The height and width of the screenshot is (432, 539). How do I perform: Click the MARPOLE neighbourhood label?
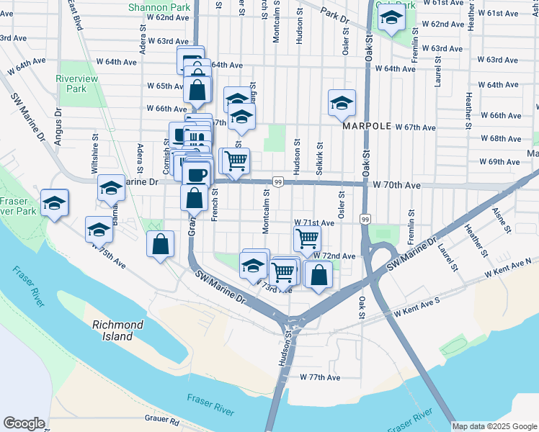tap(367, 126)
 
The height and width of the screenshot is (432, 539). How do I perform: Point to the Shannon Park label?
tap(154, 6)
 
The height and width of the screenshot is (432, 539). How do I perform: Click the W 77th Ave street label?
tap(320, 377)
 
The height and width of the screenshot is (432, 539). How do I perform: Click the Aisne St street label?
tap(499, 217)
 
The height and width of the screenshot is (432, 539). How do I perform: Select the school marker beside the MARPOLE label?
tap(342, 103)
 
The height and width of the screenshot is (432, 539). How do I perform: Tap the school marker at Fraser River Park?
tap(54, 203)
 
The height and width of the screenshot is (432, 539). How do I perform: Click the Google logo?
tap(24, 423)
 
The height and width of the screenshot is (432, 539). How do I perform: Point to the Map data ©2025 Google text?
tap(494, 426)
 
